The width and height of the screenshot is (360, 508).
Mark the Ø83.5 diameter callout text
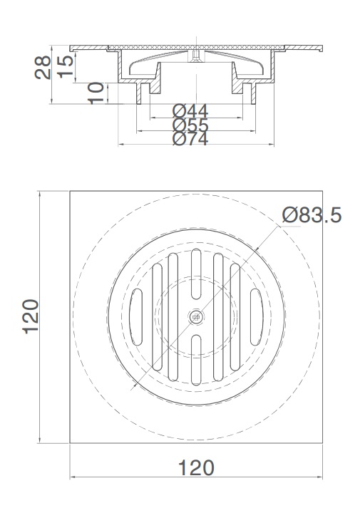pos(312,214)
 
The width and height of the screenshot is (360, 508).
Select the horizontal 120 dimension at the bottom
pos(195,468)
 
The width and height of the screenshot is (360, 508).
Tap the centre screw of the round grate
pos(195,316)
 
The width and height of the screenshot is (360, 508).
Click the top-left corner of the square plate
pos(70,190)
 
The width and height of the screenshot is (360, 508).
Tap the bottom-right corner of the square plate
pos(322,442)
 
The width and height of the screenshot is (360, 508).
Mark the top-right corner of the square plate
pos(322,190)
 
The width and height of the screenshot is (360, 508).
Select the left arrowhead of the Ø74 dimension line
pos(120,145)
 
